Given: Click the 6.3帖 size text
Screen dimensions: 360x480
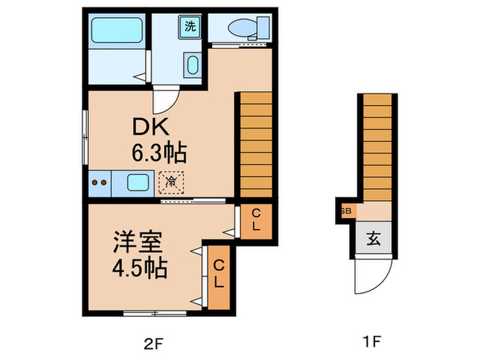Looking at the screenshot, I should coord(158,152).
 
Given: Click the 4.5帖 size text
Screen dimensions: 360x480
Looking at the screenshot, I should coord(141,267).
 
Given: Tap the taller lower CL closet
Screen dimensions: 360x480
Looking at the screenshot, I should coord(219,274).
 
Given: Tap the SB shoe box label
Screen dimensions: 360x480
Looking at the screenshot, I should coord(344,211).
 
